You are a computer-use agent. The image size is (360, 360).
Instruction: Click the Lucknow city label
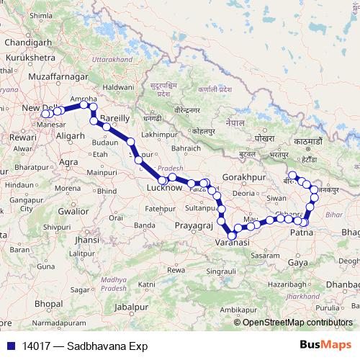pos(165,188)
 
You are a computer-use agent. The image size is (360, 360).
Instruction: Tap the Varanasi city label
pos(232,243)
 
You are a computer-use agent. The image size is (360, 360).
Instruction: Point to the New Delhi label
pos(40,108)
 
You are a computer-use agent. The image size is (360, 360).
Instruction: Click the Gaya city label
pos(297,262)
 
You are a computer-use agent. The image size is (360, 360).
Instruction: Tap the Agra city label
pos(69,162)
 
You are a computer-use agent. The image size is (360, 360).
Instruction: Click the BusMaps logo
pos(326,345)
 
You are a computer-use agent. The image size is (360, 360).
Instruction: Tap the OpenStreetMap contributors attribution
pos(297,322)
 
